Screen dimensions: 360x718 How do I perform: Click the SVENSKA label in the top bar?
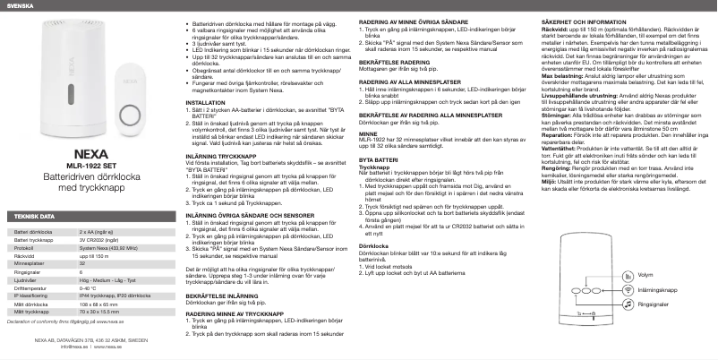tap(19, 5)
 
